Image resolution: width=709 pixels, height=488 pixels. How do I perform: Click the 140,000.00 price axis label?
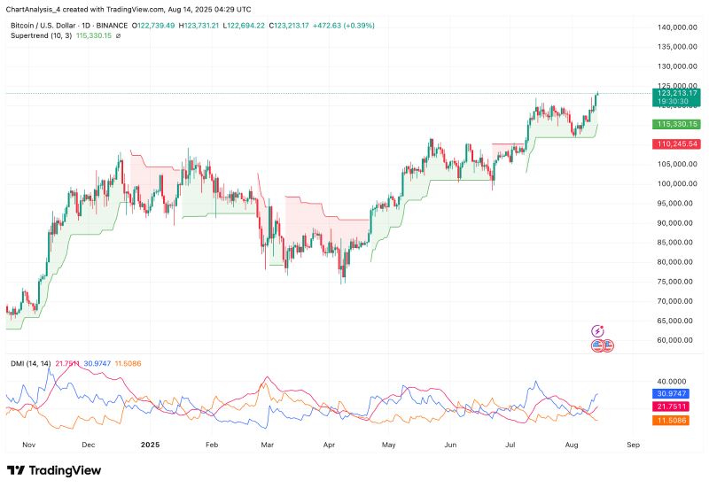click(678, 27)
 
